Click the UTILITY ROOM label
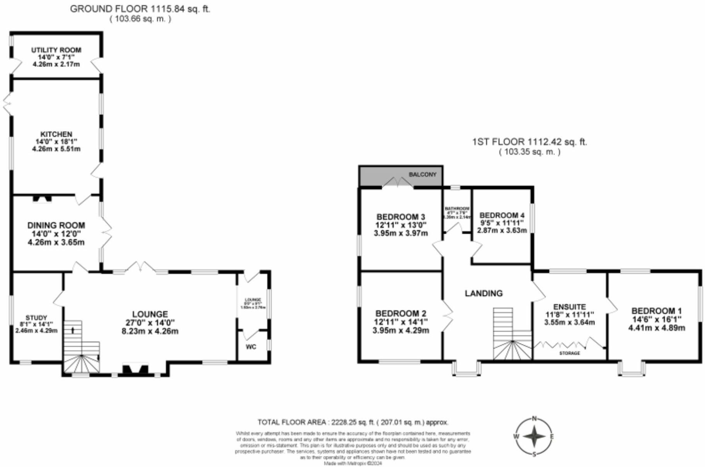click(56, 50)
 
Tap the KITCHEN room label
click(56, 134)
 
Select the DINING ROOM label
click(56, 225)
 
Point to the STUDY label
click(36, 317)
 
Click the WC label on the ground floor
click(251, 347)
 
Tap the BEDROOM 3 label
click(401, 217)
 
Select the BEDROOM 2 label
click(401, 313)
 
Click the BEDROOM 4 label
click(502, 215)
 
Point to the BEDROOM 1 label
click(656, 311)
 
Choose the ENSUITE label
click(569, 307)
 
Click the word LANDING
click(484, 293)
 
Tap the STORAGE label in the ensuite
click(570, 353)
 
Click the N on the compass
click(535, 418)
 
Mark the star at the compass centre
click(535, 436)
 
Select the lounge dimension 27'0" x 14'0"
click(150, 323)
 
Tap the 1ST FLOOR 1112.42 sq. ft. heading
click(530, 142)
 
